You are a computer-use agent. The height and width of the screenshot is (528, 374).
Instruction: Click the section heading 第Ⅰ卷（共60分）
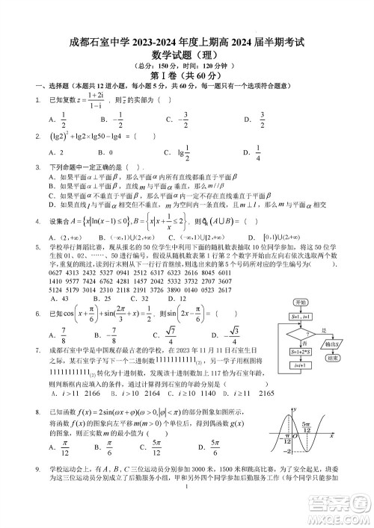[187, 75]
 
